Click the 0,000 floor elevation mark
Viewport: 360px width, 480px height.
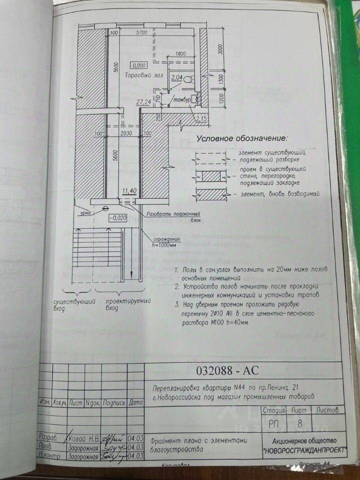point(139,65)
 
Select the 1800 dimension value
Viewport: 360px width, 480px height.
point(180,54)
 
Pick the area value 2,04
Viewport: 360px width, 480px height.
point(176,77)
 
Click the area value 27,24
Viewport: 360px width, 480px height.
point(144,101)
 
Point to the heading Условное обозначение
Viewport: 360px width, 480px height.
point(240,138)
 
